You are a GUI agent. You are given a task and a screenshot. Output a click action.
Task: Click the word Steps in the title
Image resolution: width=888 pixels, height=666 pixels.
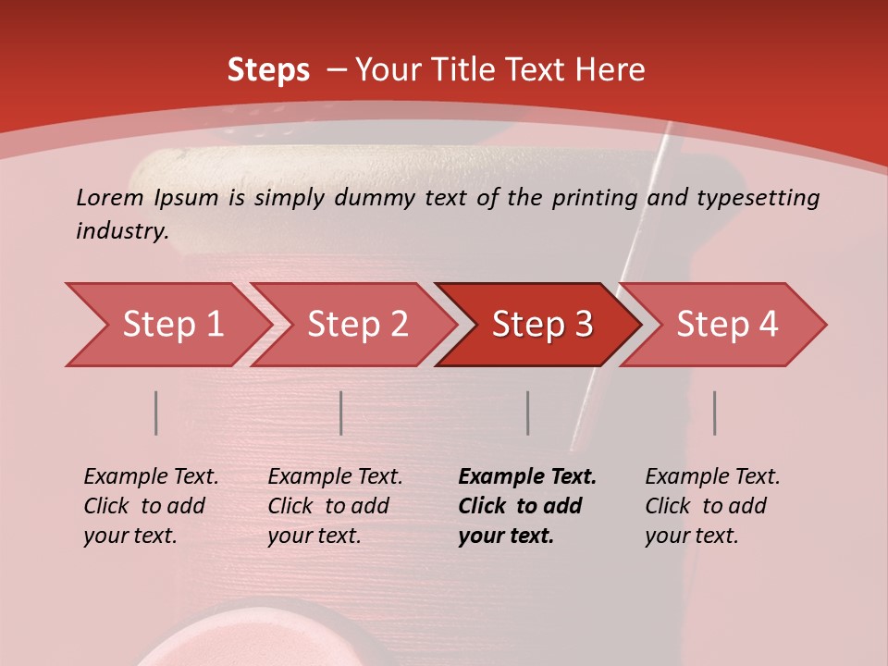click(x=268, y=70)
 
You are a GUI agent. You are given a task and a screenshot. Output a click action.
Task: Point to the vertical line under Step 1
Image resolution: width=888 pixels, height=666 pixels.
click(x=156, y=413)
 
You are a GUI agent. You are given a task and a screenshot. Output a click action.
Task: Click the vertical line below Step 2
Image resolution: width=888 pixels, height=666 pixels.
click(x=341, y=413)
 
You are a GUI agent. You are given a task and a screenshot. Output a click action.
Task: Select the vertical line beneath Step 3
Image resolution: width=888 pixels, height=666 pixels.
click(x=527, y=413)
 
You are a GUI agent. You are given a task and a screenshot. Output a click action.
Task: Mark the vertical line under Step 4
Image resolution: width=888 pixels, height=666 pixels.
click(x=715, y=413)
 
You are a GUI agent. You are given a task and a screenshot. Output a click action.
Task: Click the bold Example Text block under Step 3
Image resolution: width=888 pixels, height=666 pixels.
click(x=527, y=506)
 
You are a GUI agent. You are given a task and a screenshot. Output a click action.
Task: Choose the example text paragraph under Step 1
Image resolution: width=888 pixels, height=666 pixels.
click(x=151, y=506)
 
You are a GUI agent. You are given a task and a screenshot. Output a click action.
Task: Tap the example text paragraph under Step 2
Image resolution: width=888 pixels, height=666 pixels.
click(x=335, y=506)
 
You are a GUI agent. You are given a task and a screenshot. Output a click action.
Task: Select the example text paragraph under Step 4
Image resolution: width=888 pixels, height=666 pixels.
click(x=712, y=506)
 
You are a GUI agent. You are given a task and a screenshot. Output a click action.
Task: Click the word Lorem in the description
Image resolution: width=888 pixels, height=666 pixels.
click(x=110, y=197)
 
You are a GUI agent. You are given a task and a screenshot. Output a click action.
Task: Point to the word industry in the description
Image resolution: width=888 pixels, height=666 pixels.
click(x=122, y=231)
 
